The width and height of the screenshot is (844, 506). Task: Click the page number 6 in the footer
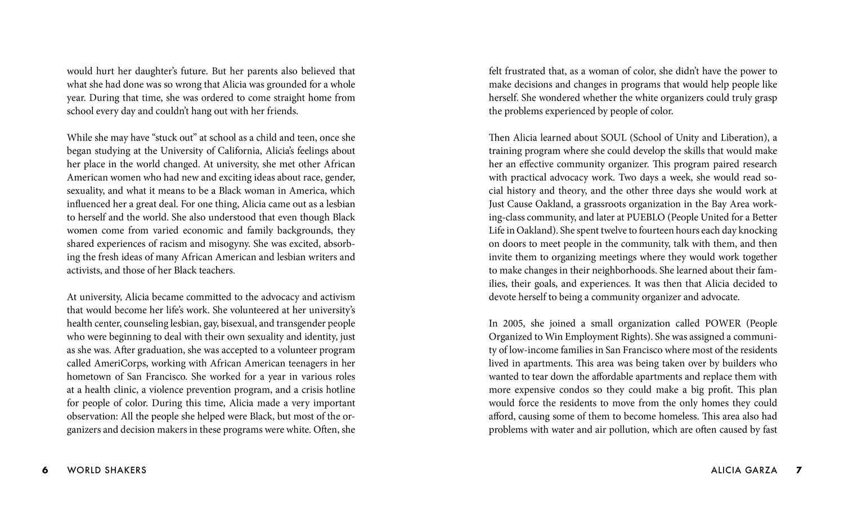pos(45,471)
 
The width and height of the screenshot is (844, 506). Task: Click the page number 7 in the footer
pos(799,471)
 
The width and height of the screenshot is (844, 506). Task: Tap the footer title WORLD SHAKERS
pos(107,471)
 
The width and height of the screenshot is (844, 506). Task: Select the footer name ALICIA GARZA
pos(744,471)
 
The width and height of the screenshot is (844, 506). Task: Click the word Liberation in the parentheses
pos(743,138)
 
